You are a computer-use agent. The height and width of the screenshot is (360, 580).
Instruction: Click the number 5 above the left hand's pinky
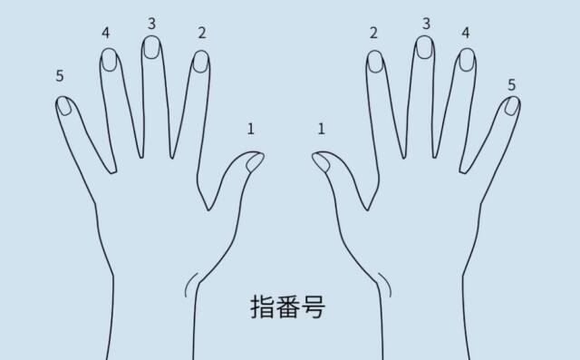(x=60, y=75)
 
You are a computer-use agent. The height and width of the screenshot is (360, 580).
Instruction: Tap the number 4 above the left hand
(x=106, y=33)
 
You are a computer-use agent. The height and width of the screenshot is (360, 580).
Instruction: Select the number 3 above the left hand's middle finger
(x=151, y=24)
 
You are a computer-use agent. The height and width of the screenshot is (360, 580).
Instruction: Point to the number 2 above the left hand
(x=201, y=33)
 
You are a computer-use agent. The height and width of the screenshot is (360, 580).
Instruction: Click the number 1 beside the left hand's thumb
(x=251, y=129)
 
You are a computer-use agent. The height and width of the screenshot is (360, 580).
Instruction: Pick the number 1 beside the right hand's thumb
(x=321, y=129)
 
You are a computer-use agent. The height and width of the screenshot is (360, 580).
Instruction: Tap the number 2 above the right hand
(x=373, y=33)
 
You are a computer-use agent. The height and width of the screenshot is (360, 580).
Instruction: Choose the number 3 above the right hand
(x=426, y=24)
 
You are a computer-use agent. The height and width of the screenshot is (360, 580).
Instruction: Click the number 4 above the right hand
(x=466, y=33)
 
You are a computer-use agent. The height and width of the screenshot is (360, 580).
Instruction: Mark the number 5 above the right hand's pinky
(x=511, y=84)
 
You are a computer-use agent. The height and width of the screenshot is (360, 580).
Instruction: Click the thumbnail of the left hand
(x=255, y=162)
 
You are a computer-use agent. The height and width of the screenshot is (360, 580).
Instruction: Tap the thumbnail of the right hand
(x=321, y=162)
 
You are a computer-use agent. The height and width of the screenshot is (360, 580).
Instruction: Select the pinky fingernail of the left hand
(x=64, y=106)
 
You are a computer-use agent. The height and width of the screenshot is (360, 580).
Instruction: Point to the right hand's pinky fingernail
(x=512, y=106)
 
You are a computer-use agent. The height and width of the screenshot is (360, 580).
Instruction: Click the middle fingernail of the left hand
(x=151, y=47)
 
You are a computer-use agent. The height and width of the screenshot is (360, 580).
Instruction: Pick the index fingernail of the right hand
(x=375, y=62)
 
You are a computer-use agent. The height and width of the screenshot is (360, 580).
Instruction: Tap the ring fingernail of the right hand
(x=467, y=60)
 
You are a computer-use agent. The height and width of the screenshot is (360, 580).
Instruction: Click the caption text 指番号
(x=288, y=306)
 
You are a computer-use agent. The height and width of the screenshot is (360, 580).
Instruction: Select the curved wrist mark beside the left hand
(x=190, y=285)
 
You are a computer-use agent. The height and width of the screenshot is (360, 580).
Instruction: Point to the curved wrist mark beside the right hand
(x=385, y=285)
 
